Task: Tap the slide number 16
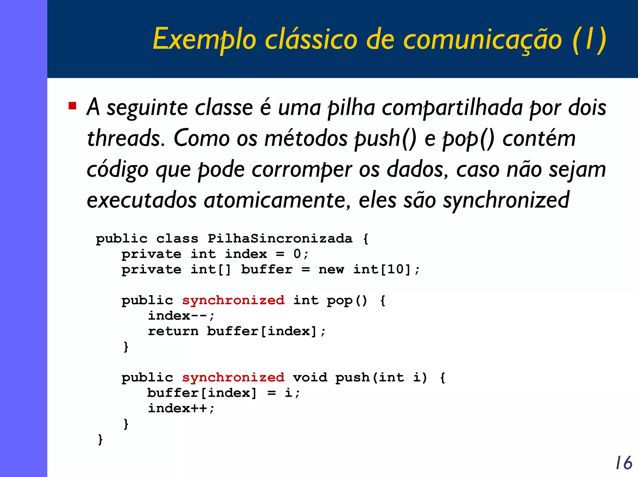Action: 623,463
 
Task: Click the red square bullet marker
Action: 72,106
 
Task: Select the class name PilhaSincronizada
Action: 280,239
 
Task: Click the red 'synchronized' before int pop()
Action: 233,300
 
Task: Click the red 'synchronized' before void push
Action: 233,378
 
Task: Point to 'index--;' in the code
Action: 181,316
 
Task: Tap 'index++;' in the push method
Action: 181,408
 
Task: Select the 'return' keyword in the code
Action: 173,331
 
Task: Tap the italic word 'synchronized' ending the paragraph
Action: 506,200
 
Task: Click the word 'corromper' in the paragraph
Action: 302,170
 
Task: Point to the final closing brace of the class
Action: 100,439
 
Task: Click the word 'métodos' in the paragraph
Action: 306,138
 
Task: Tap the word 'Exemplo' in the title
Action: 204,40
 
